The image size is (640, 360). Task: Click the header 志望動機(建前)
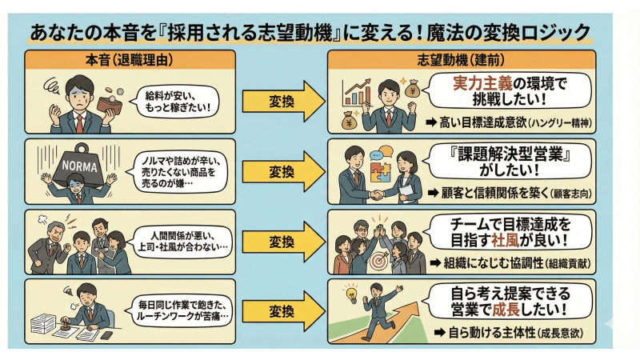click(x=462, y=60)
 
